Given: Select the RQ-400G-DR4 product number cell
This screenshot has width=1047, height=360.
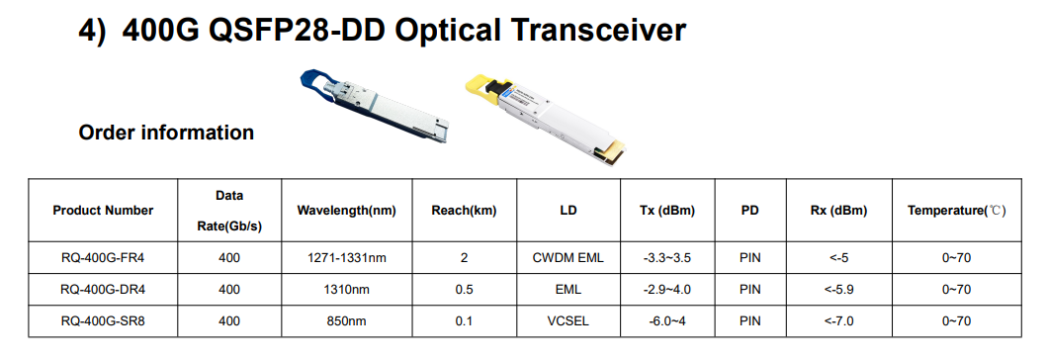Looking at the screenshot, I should click(x=103, y=290).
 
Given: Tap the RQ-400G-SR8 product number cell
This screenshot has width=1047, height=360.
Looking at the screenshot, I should click(x=103, y=320).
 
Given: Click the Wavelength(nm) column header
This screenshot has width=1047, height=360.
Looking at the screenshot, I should click(x=346, y=211).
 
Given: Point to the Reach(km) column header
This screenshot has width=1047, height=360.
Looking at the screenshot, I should click(x=464, y=211).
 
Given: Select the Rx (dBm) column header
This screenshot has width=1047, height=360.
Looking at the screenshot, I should click(x=835, y=211).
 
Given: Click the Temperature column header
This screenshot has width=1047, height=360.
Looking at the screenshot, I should click(x=956, y=211).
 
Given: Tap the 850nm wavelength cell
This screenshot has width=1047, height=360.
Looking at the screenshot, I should click(x=346, y=320).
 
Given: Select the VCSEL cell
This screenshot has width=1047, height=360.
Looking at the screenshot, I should click(x=567, y=320).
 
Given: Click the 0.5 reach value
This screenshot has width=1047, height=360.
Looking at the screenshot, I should click(x=464, y=290).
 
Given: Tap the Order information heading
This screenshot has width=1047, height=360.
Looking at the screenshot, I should click(x=166, y=133).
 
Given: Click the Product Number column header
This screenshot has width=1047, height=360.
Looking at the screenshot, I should click(x=103, y=211).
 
